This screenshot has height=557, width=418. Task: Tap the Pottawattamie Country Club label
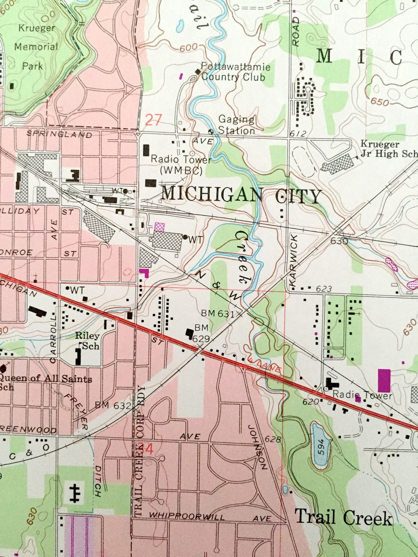pos(235,72)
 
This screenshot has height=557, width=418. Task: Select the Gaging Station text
pos(237,125)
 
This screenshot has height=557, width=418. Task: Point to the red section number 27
pos(153,120)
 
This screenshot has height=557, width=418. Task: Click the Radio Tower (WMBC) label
pos(181,165)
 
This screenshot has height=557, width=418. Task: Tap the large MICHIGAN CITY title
pos(241,196)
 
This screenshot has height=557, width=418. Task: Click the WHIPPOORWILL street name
pos(187,509)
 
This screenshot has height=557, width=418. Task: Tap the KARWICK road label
pos(293,261)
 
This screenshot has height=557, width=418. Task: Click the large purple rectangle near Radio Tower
pos(384,380)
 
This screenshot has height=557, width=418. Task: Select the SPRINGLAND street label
pos(59,134)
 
